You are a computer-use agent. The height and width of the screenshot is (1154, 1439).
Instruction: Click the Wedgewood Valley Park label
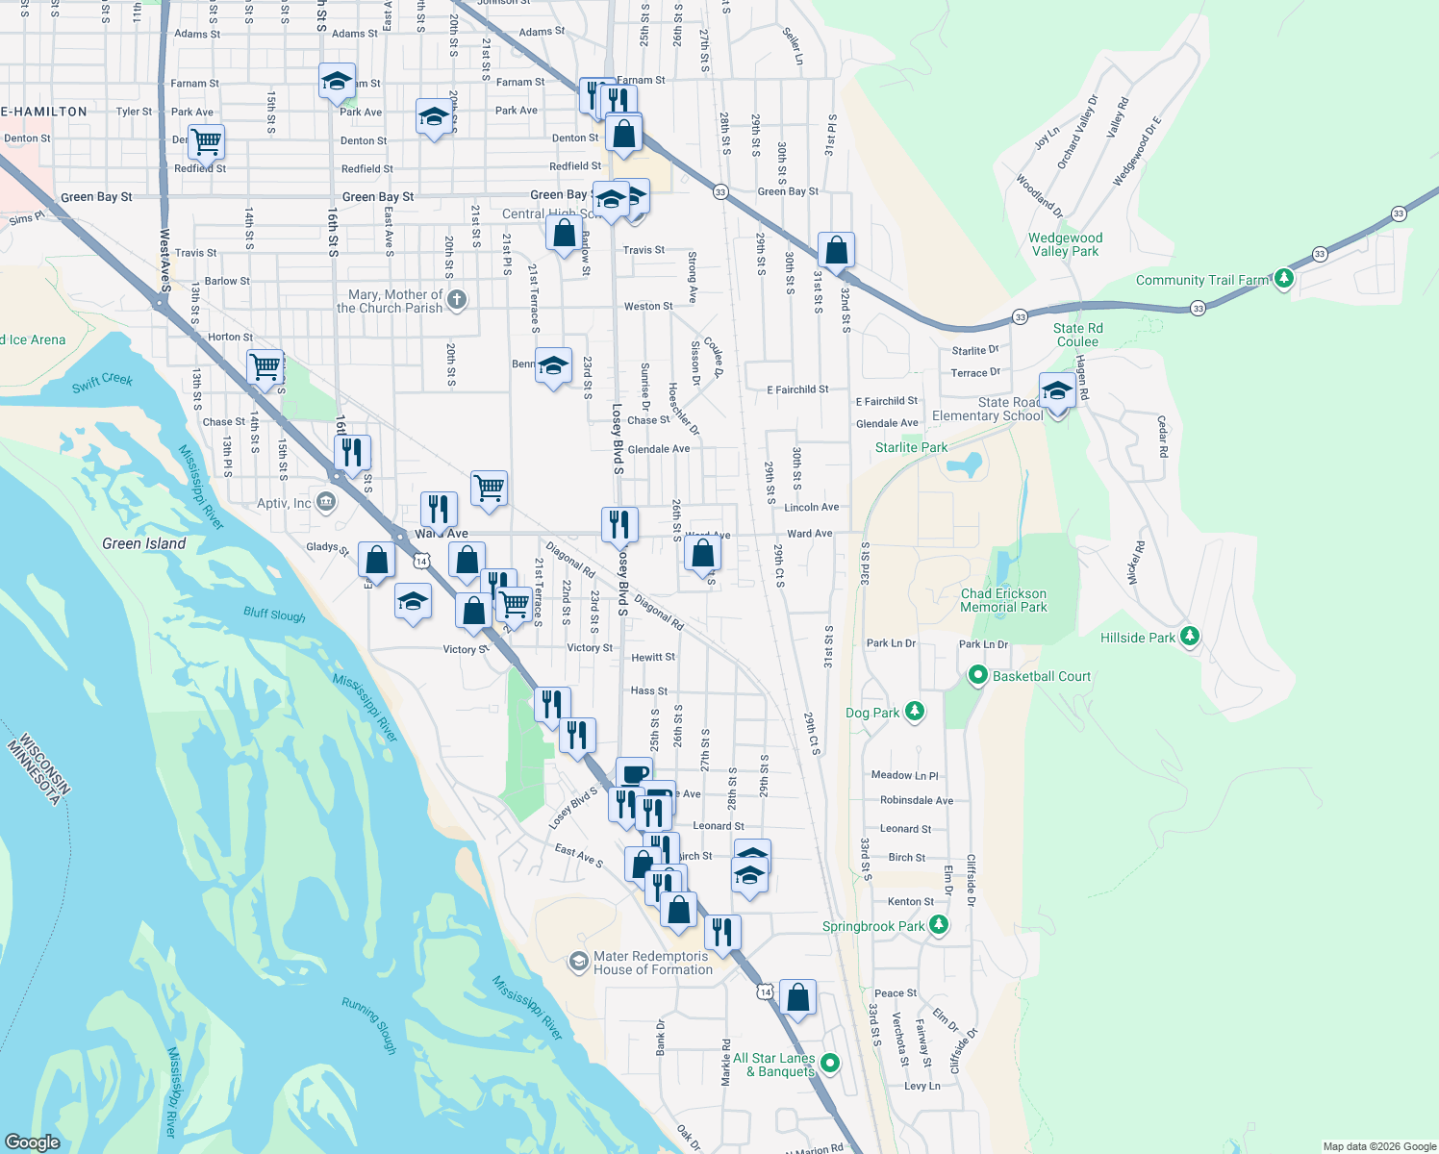(1065, 244)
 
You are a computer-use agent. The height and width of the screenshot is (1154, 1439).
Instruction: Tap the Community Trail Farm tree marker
(1283, 280)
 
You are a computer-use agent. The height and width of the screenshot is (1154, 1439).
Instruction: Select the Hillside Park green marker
(1190, 637)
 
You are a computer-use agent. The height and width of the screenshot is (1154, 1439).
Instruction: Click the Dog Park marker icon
(915, 712)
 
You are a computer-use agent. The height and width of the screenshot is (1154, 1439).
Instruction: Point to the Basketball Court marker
(977, 676)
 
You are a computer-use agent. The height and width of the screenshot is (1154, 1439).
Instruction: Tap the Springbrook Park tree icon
(939, 925)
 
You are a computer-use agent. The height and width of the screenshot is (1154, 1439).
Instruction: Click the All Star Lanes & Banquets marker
(830, 1064)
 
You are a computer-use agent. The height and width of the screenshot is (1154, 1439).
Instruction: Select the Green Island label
(144, 543)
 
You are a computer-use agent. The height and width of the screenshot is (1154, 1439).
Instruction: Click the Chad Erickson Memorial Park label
(1003, 600)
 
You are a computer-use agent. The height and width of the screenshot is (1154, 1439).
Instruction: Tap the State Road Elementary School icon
(1057, 392)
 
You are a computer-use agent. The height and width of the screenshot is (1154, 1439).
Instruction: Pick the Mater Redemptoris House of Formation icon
(578, 962)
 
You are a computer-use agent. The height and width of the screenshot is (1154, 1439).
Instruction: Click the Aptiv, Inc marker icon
(325, 502)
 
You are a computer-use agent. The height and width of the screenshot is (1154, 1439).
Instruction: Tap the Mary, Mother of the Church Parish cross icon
(457, 300)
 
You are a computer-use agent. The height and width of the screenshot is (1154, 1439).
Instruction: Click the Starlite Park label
(911, 447)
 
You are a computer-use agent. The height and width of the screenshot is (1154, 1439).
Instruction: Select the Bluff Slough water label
(274, 614)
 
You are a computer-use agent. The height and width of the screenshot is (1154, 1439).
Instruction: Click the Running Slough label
(368, 1025)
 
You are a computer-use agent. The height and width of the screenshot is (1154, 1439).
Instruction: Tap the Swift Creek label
(102, 382)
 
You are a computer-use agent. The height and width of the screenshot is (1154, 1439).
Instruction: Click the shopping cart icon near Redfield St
(206, 142)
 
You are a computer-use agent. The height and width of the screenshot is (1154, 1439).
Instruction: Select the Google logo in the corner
(33, 1142)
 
